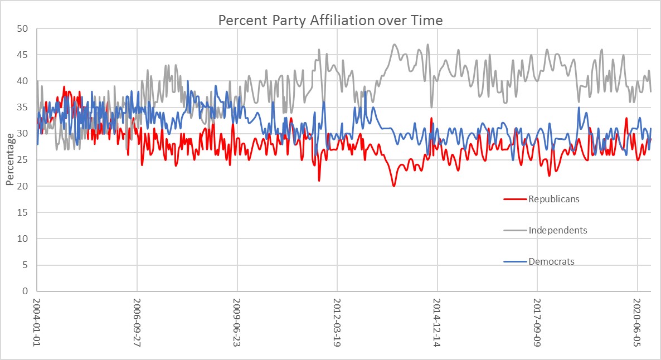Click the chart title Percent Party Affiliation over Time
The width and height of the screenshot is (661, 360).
click(330, 21)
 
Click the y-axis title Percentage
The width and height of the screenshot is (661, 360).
click(9, 159)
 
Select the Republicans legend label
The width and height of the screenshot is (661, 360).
click(554, 199)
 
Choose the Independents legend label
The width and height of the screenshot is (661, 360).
click(557, 230)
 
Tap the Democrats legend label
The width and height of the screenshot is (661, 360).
click(551, 261)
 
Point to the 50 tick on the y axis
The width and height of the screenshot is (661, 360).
click(25, 28)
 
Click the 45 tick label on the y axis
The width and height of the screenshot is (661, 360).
click(25, 55)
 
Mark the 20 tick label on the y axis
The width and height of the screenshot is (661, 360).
click(25, 186)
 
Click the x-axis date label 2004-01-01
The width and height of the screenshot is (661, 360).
click(37, 323)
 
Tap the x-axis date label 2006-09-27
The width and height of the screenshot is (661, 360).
click(137, 323)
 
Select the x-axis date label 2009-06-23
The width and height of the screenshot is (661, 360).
click(237, 323)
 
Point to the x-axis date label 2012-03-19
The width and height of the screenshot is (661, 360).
click(337, 323)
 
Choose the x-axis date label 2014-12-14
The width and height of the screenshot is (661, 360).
click(437, 323)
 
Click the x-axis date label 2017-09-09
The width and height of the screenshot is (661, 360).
click(537, 323)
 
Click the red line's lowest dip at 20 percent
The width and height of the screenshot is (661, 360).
click(393, 186)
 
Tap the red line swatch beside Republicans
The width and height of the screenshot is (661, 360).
click(515, 199)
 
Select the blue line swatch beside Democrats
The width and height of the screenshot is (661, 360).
click(515, 261)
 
